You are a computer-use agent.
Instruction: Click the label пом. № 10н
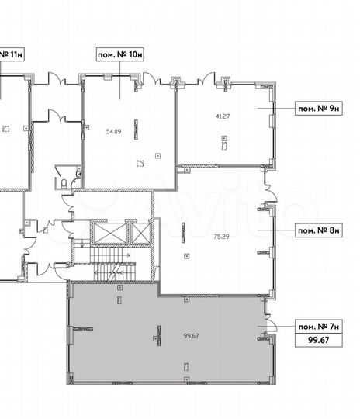pos(120,55)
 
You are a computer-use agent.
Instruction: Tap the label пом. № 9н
pos(319,109)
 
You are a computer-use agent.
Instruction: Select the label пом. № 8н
pos(319,230)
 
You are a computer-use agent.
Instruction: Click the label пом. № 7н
pos(319,327)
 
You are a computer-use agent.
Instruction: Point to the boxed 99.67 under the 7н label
pos(319,340)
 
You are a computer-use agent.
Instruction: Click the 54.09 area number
pos(113,131)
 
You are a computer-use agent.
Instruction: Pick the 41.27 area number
pos(223,116)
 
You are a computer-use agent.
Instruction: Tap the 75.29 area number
pos(222,237)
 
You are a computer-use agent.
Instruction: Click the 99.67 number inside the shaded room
pos(191,336)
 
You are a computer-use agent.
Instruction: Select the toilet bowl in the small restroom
pos(64,184)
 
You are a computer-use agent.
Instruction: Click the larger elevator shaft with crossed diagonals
pos(110,234)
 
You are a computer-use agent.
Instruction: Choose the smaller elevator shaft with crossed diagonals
pos(141,234)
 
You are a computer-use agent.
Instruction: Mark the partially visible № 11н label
pos(12,55)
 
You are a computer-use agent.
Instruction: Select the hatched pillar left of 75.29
pos(183,233)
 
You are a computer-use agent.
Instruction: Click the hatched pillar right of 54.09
pos(136,130)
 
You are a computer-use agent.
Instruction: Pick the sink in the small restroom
pos(78,174)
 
